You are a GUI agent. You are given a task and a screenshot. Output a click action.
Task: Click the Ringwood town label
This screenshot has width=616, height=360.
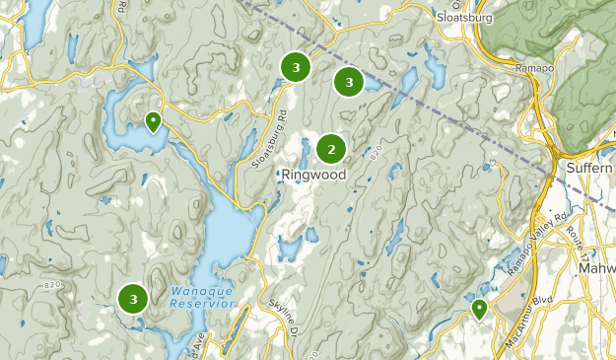pos(313,175)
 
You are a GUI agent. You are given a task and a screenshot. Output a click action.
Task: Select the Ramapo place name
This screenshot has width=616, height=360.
pos(537,69)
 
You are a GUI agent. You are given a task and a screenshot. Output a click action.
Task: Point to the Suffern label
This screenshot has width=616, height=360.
pos(589,169)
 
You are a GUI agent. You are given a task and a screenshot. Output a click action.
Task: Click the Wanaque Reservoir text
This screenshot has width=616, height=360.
pos(202,297)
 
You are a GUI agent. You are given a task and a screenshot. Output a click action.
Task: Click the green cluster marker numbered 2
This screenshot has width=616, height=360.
pos(331,149)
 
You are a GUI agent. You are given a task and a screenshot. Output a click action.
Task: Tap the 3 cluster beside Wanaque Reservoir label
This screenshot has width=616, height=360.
pos(132,297)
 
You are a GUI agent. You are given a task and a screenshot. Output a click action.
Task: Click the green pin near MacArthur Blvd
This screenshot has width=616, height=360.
pos(479,310)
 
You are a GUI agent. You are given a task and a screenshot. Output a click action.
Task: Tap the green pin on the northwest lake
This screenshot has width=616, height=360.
pos(153,121)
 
